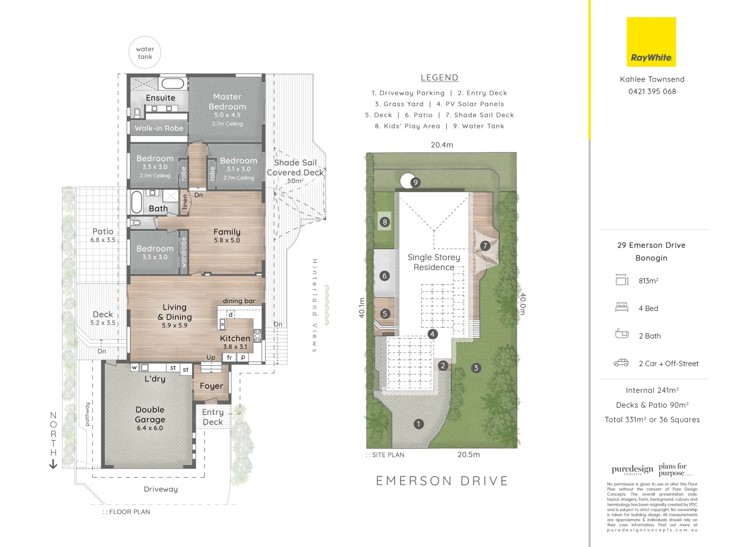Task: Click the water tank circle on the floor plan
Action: click(x=145, y=53)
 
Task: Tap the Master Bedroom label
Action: click(x=227, y=102)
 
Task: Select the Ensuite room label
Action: click(x=161, y=98)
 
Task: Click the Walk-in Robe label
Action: click(x=159, y=129)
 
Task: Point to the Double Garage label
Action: click(x=150, y=414)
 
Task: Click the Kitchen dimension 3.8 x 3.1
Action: click(x=235, y=347)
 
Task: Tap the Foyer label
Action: click(x=211, y=386)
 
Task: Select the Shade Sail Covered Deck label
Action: click(x=295, y=168)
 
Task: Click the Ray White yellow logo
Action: click(x=651, y=42)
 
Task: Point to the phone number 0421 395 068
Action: click(x=652, y=92)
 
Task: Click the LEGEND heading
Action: click(x=440, y=77)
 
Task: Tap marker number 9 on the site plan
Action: click(x=416, y=182)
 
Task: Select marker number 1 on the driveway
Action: click(x=419, y=424)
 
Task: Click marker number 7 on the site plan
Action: click(x=485, y=246)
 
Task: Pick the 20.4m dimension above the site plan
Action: click(x=442, y=145)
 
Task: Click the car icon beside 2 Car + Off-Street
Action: click(x=621, y=363)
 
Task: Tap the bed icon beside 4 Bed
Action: click(x=622, y=307)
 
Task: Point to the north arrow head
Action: click(x=53, y=464)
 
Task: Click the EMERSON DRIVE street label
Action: click(x=442, y=481)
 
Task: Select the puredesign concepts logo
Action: click(x=632, y=470)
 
